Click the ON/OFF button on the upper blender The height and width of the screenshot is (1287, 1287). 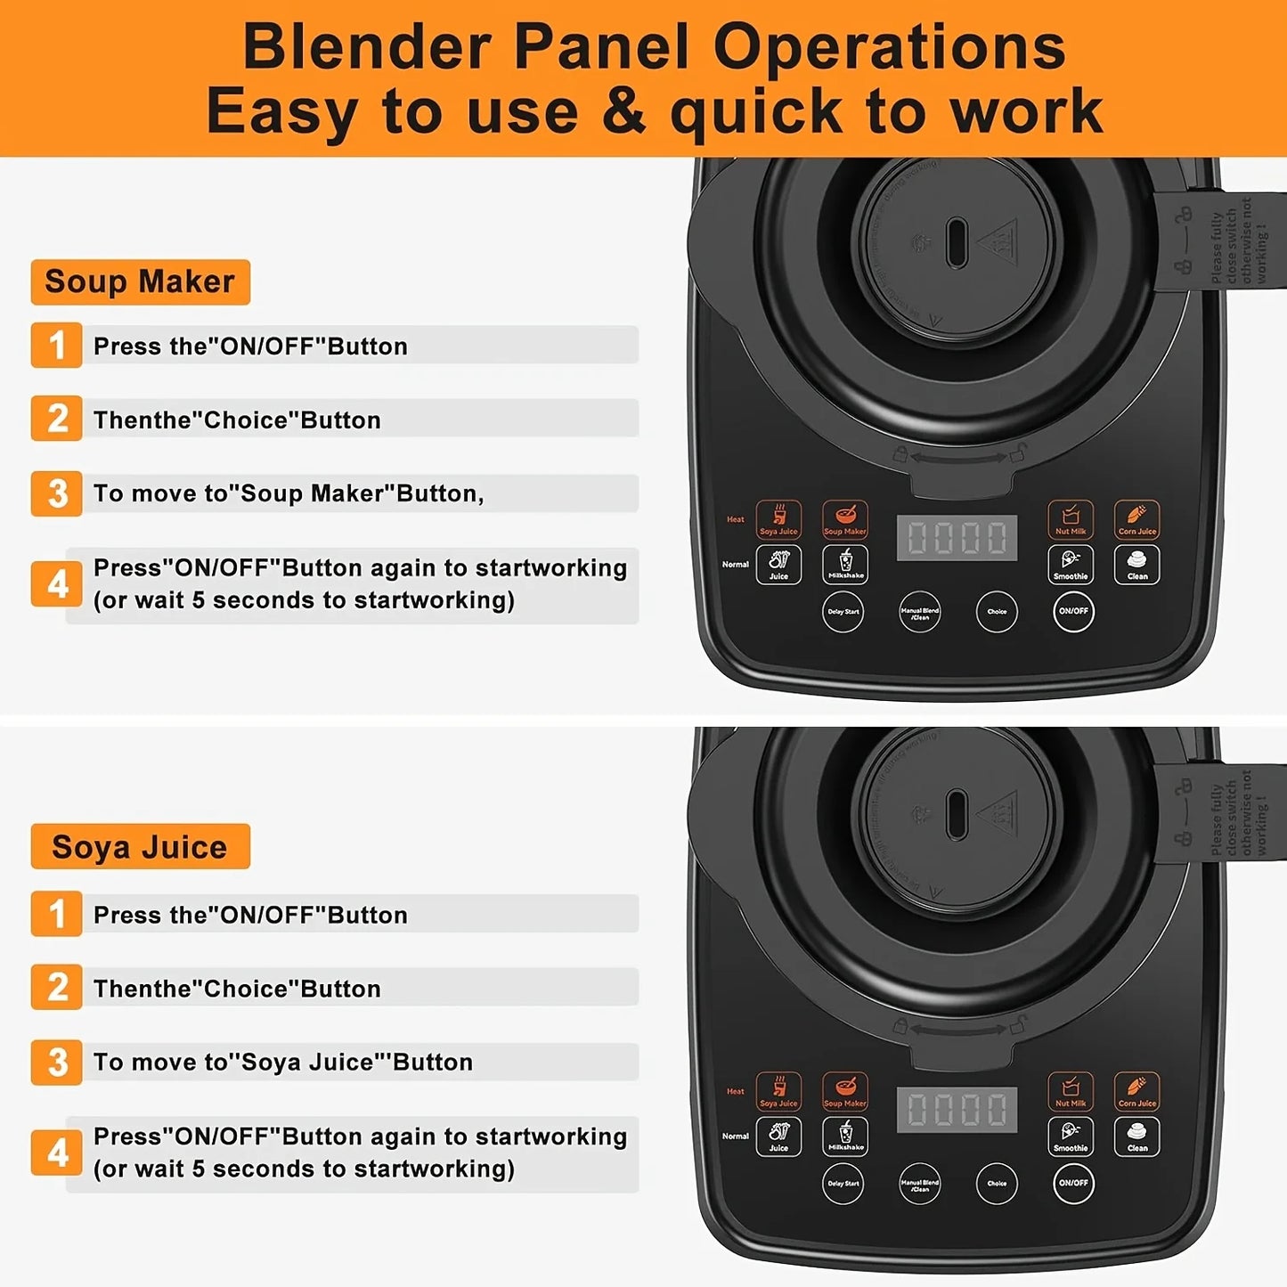point(1073,612)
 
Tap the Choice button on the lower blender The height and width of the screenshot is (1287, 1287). point(997,1184)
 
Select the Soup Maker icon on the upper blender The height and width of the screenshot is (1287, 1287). point(844,518)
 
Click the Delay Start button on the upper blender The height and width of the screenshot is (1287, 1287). point(843,612)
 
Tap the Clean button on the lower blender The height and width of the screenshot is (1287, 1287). point(1137,1136)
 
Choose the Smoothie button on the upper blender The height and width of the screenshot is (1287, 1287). point(1071,565)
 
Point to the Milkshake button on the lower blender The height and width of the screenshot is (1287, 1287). point(845,1136)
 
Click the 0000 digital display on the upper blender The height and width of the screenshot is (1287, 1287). point(957,538)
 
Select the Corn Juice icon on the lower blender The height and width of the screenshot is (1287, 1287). point(1137,1091)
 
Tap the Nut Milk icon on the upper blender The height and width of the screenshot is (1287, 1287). point(1071,518)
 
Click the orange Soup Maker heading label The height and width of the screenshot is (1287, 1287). point(140,282)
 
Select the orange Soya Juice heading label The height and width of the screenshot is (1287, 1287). point(140,847)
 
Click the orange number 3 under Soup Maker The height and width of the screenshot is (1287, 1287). point(57,493)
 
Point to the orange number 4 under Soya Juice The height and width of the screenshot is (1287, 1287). point(57,1153)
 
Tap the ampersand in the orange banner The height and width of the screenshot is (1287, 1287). point(623,112)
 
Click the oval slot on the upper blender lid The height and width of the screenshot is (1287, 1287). point(957,242)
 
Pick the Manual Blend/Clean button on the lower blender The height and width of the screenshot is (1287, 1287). point(919,1184)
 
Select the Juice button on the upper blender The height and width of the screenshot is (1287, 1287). point(778,565)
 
